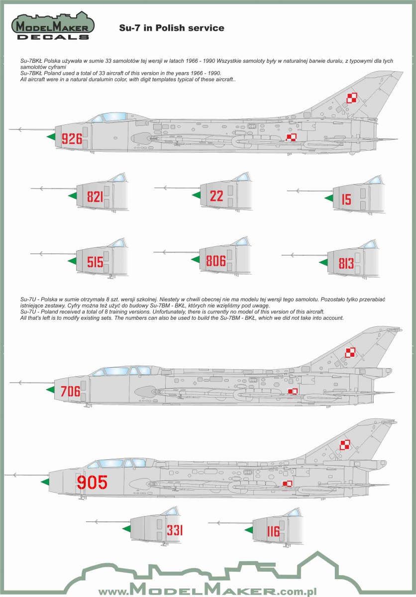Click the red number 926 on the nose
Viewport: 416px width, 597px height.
click(72, 139)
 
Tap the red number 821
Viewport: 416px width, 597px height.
click(95, 197)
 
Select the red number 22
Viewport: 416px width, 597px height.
click(216, 196)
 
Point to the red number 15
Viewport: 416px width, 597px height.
click(346, 199)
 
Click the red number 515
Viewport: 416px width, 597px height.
click(95, 262)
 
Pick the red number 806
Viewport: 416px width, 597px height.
click(216, 261)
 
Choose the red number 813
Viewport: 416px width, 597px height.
click(346, 263)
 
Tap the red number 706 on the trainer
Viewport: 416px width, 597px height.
click(70, 391)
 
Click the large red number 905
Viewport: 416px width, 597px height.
click(92, 482)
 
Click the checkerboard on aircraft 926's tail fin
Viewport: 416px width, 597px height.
click(351, 98)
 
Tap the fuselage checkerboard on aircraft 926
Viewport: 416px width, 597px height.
click(291, 137)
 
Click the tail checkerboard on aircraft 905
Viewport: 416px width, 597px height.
click(345, 445)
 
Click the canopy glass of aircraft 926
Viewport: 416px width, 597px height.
click(109, 117)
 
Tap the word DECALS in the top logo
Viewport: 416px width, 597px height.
click(53, 37)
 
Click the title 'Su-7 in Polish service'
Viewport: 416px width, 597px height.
click(172, 28)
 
